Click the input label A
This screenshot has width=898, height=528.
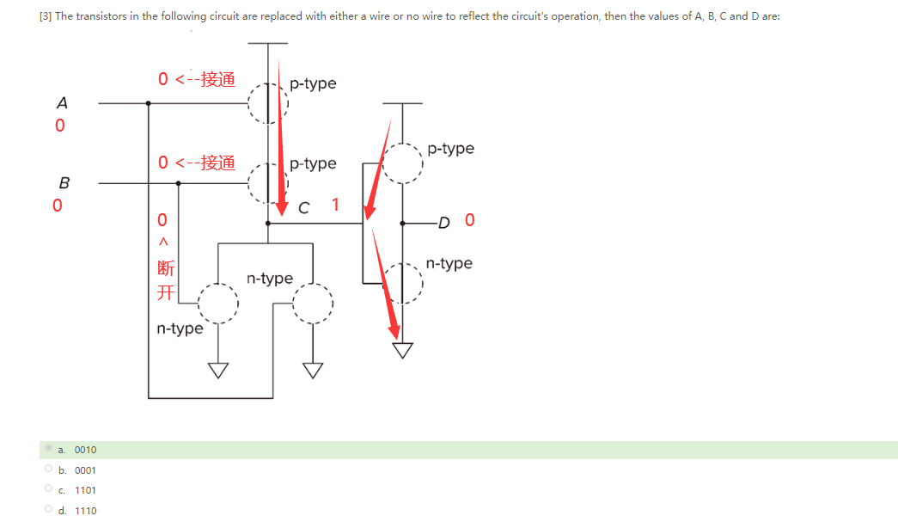[62, 102]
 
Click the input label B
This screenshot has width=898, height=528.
[64, 182]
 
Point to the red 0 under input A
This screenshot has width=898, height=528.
[59, 126]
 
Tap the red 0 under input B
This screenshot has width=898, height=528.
[57, 206]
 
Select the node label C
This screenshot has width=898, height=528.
[303, 207]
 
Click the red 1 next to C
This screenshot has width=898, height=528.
[335, 205]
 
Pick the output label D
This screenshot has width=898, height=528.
[443, 223]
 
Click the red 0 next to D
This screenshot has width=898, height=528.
[469, 220]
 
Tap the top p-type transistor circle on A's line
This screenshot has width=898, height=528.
[266, 103]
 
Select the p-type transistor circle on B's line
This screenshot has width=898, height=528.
[266, 182]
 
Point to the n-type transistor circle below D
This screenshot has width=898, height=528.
[403, 283]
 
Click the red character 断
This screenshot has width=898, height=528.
[166, 269]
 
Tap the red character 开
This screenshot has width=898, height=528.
[166, 292]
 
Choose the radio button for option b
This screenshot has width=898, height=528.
[48, 470]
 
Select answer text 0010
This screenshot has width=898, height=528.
[85, 450]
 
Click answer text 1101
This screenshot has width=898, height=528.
[85, 490]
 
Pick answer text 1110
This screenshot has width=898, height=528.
[85, 511]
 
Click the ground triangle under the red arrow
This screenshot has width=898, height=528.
[402, 350]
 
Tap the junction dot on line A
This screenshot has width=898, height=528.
[149, 103]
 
